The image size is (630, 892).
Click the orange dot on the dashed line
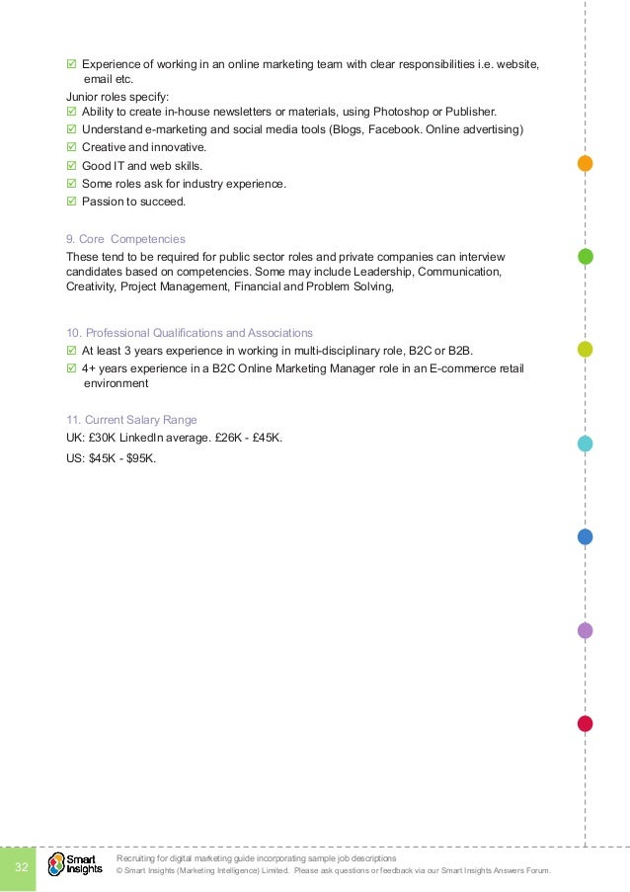coord(585,164)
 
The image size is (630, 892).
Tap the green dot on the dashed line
coord(585,257)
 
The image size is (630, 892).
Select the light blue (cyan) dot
coord(585,444)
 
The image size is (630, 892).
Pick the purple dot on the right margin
coord(585,630)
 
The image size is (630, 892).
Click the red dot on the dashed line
coord(585,724)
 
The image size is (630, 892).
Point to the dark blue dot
coord(585,537)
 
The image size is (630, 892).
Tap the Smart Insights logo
coord(75,864)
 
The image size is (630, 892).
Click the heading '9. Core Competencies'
coord(125,239)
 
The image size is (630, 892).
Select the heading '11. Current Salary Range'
coord(131,420)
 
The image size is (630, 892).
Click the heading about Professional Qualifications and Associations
coord(190,332)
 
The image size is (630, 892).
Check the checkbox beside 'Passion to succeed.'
coord(71,203)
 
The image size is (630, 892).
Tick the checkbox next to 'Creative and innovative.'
coord(71,148)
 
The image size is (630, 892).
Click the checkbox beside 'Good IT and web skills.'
coord(71,166)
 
